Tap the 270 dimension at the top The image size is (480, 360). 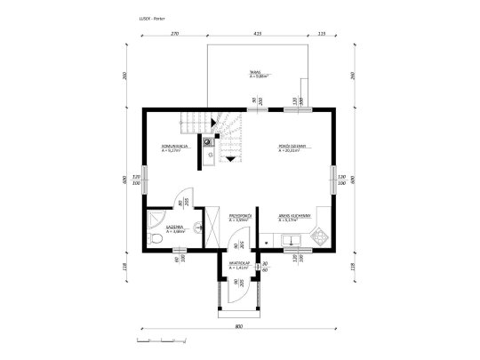tap(174, 34)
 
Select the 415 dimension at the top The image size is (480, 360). tap(256, 34)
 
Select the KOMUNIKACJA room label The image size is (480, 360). tap(172, 148)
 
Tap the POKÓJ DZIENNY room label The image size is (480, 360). tap(292, 148)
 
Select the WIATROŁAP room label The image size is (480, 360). tap(238, 264)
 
